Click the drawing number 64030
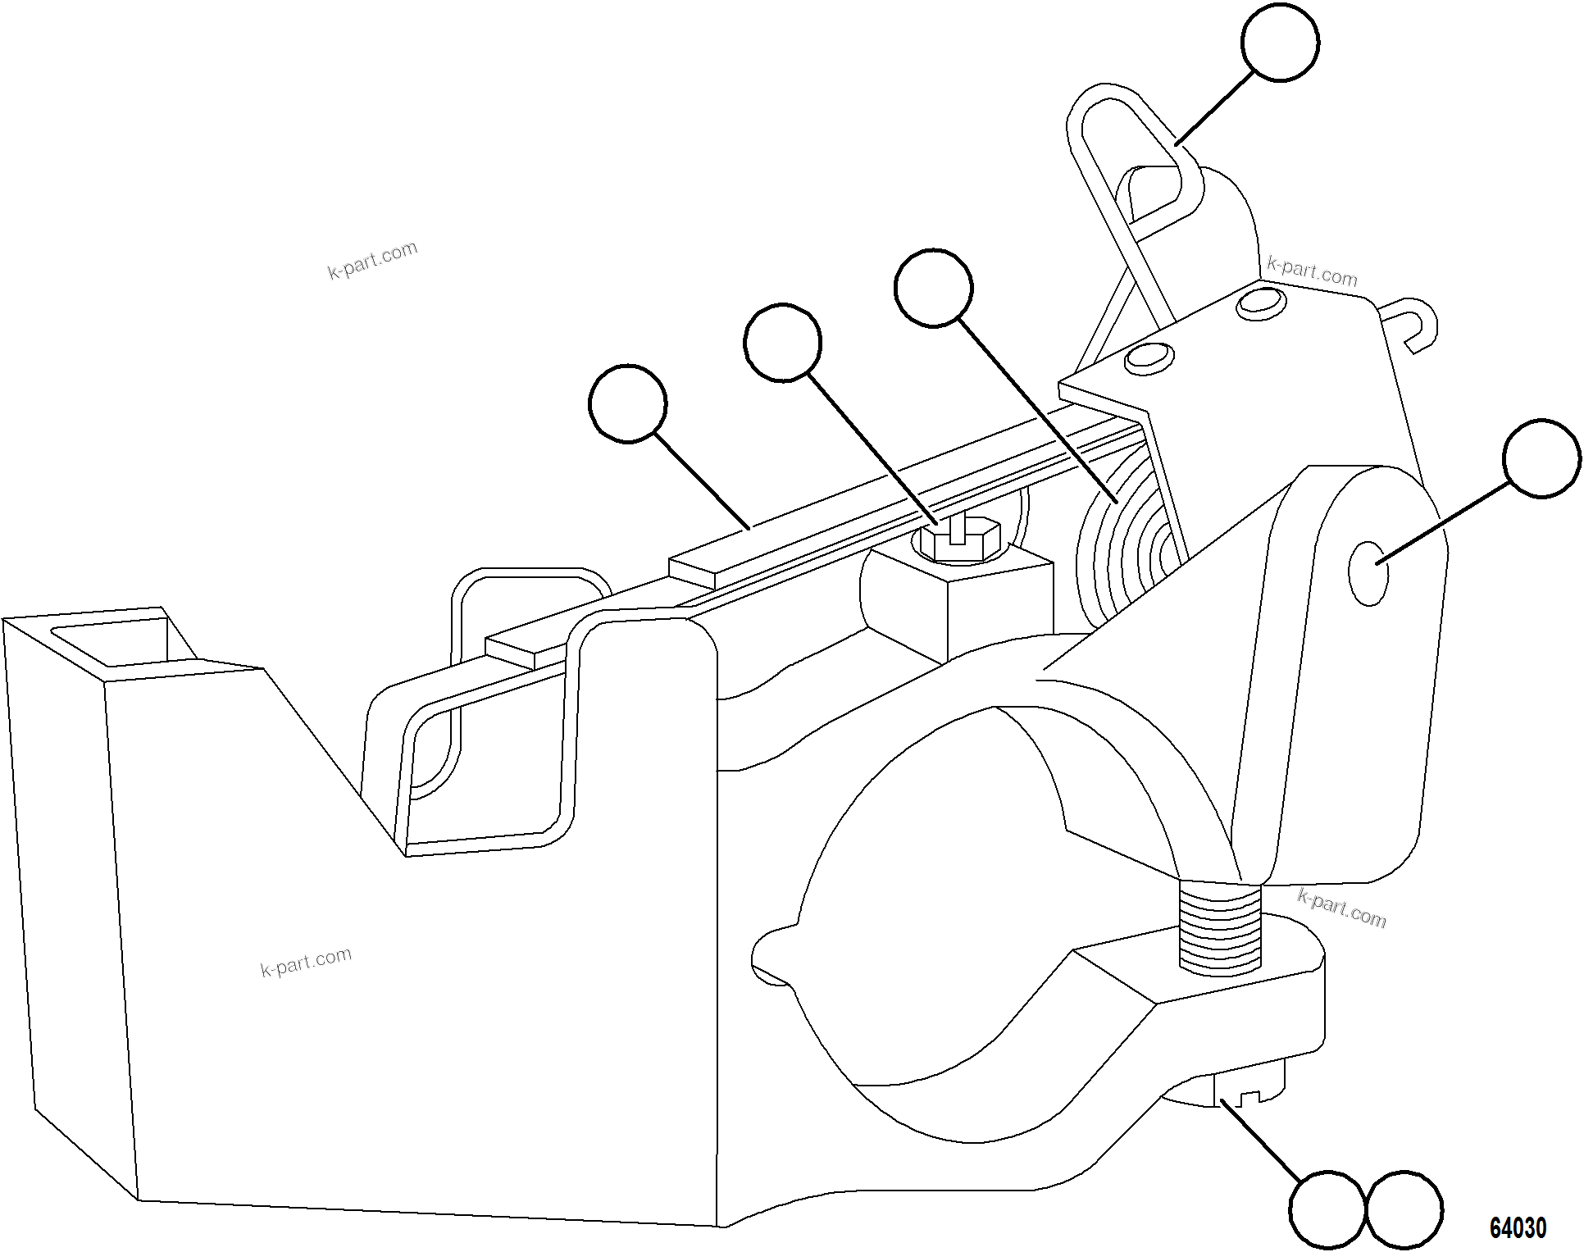(x=1518, y=1227)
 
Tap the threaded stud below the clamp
(x=1218, y=926)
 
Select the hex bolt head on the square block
(x=958, y=542)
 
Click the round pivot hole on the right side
(x=1368, y=573)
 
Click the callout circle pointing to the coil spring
(x=933, y=288)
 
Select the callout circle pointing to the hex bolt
(x=782, y=343)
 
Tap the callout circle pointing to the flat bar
(x=628, y=403)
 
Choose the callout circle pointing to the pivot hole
(x=1541, y=458)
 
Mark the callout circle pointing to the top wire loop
(x=1280, y=42)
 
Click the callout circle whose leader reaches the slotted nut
(x=1327, y=1209)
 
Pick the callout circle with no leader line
(x=1404, y=1209)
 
